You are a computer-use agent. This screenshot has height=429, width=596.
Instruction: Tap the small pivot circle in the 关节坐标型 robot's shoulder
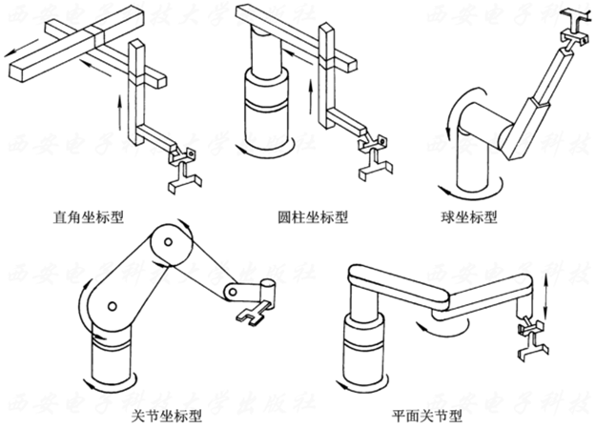[x=112, y=307]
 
